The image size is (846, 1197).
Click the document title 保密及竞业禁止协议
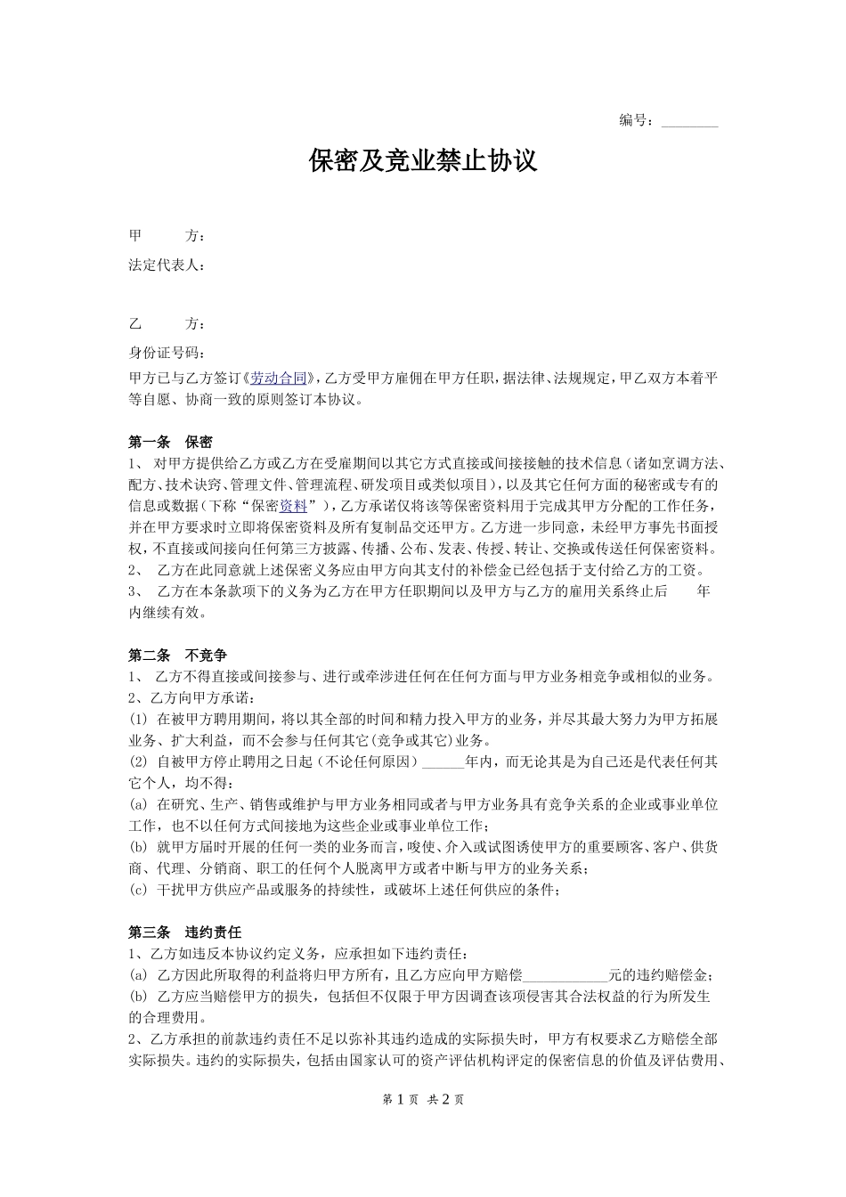pyautogui.click(x=423, y=161)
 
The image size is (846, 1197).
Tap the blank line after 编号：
pyautogui.click(x=689, y=121)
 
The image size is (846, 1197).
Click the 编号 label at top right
pyautogui.click(x=636, y=120)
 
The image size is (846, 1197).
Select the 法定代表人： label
pyautogui.click(x=167, y=265)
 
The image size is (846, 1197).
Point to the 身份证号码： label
pyautogui.click(x=167, y=352)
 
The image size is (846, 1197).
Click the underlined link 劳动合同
pyautogui.click(x=278, y=378)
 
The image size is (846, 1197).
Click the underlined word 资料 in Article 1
pyautogui.click(x=293, y=506)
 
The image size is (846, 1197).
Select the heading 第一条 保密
pyautogui.click(x=170, y=442)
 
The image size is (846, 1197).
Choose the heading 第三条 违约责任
pyautogui.click(x=184, y=932)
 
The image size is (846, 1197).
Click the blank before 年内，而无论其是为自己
pyautogui.click(x=442, y=762)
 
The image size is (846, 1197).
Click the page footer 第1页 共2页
pyautogui.click(x=423, y=1100)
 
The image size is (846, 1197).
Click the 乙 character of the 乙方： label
pyautogui.click(x=135, y=323)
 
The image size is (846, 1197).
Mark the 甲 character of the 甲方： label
pyautogui.click(x=135, y=236)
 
